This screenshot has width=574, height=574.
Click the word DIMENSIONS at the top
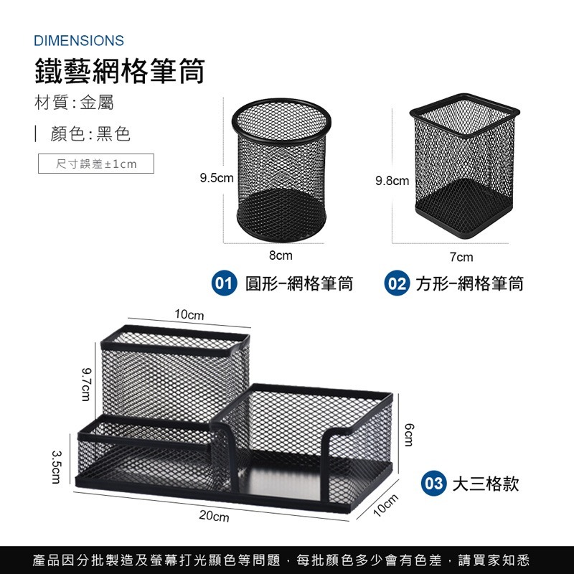click(79, 41)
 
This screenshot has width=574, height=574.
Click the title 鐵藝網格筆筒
click(120, 72)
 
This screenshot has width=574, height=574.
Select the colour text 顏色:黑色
click(90, 134)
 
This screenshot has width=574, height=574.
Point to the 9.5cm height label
click(217, 177)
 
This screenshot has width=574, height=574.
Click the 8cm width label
click(281, 255)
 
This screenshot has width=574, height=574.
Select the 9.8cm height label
click(392, 181)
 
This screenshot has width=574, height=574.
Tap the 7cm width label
click(461, 256)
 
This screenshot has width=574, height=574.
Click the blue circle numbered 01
click(225, 283)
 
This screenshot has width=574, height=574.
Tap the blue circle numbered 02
click(396, 283)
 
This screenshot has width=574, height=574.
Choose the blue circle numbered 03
click(434, 483)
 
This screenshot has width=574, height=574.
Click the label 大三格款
click(485, 483)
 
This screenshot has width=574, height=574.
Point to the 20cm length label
click(215, 517)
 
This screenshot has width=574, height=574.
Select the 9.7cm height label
click(85, 384)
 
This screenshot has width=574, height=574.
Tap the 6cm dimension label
click(410, 435)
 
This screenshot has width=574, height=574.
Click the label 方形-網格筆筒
click(470, 283)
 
